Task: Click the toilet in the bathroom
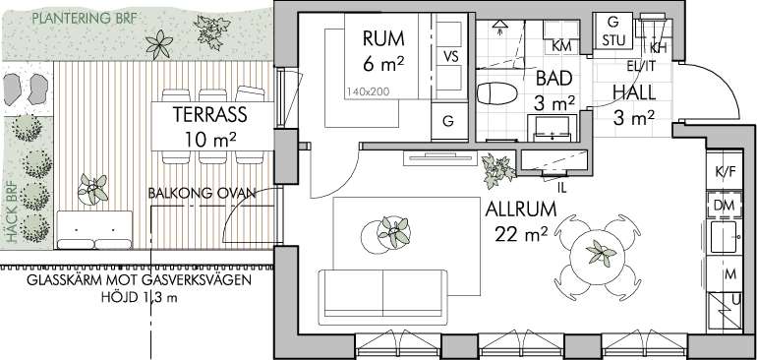pos(496,92)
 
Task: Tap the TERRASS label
pos(210,114)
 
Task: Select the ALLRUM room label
pos(521,210)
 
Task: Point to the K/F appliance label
pos(725,171)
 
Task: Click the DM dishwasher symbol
pos(724,206)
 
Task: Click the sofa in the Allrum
pos(382,297)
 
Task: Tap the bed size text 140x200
pos(368,90)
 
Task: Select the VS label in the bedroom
pos(450,57)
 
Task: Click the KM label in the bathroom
pos(561,46)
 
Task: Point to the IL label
pos(561,189)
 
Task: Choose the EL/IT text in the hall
pos(642,66)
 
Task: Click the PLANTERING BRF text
pos(85,20)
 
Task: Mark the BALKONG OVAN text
pos(202,194)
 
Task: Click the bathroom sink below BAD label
pos(553,129)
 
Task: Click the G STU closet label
pos(612,30)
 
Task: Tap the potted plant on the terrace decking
pos(93,189)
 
